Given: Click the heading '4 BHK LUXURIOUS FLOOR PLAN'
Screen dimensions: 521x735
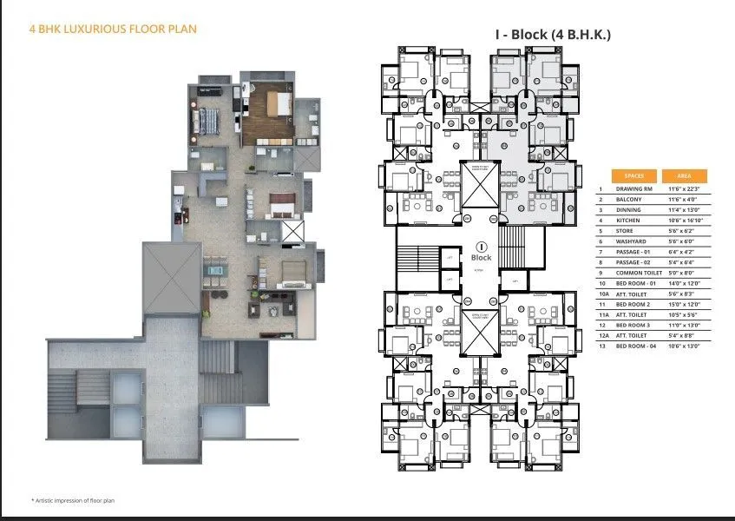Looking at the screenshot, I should (114, 30).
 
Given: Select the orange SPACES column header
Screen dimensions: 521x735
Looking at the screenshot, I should (633, 175).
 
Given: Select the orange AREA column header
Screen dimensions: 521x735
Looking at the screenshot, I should (685, 175).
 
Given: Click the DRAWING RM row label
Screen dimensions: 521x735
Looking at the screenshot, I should (634, 188).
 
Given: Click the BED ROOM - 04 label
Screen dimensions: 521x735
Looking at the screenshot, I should (640, 346).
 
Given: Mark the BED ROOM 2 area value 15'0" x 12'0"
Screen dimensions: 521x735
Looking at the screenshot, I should (685, 305).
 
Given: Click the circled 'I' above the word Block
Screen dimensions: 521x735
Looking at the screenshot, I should (480, 247).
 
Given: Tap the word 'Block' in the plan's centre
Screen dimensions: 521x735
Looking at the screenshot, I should (480, 258).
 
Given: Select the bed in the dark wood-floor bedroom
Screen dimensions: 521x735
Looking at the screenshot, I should (276, 105).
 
